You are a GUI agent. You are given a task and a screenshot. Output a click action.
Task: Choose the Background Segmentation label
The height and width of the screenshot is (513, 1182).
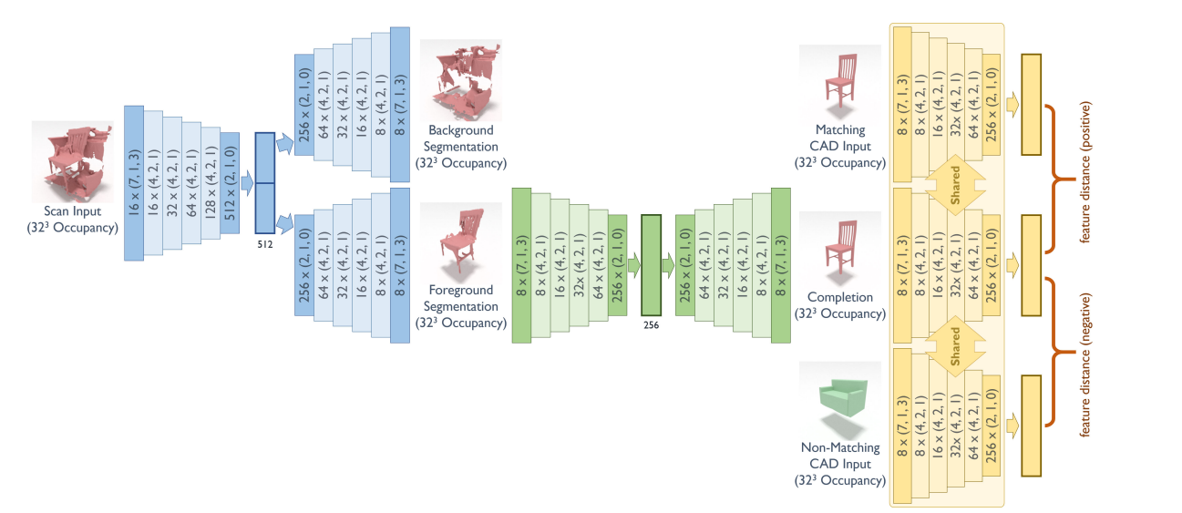point(461,147)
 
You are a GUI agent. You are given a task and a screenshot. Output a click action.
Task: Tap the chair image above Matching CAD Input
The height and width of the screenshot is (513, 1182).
point(839,80)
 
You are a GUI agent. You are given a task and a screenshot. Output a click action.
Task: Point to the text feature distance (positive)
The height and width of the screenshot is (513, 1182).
point(1085,178)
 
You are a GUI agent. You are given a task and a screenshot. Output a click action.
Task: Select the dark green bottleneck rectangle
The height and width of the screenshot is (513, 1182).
point(650,265)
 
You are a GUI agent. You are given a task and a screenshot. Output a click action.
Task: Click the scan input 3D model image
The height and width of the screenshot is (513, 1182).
point(73,160)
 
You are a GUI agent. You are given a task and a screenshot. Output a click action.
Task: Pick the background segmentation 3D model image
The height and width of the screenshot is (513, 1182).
point(460,81)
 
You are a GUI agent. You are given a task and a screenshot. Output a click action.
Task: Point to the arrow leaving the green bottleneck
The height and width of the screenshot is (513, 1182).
point(668,265)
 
